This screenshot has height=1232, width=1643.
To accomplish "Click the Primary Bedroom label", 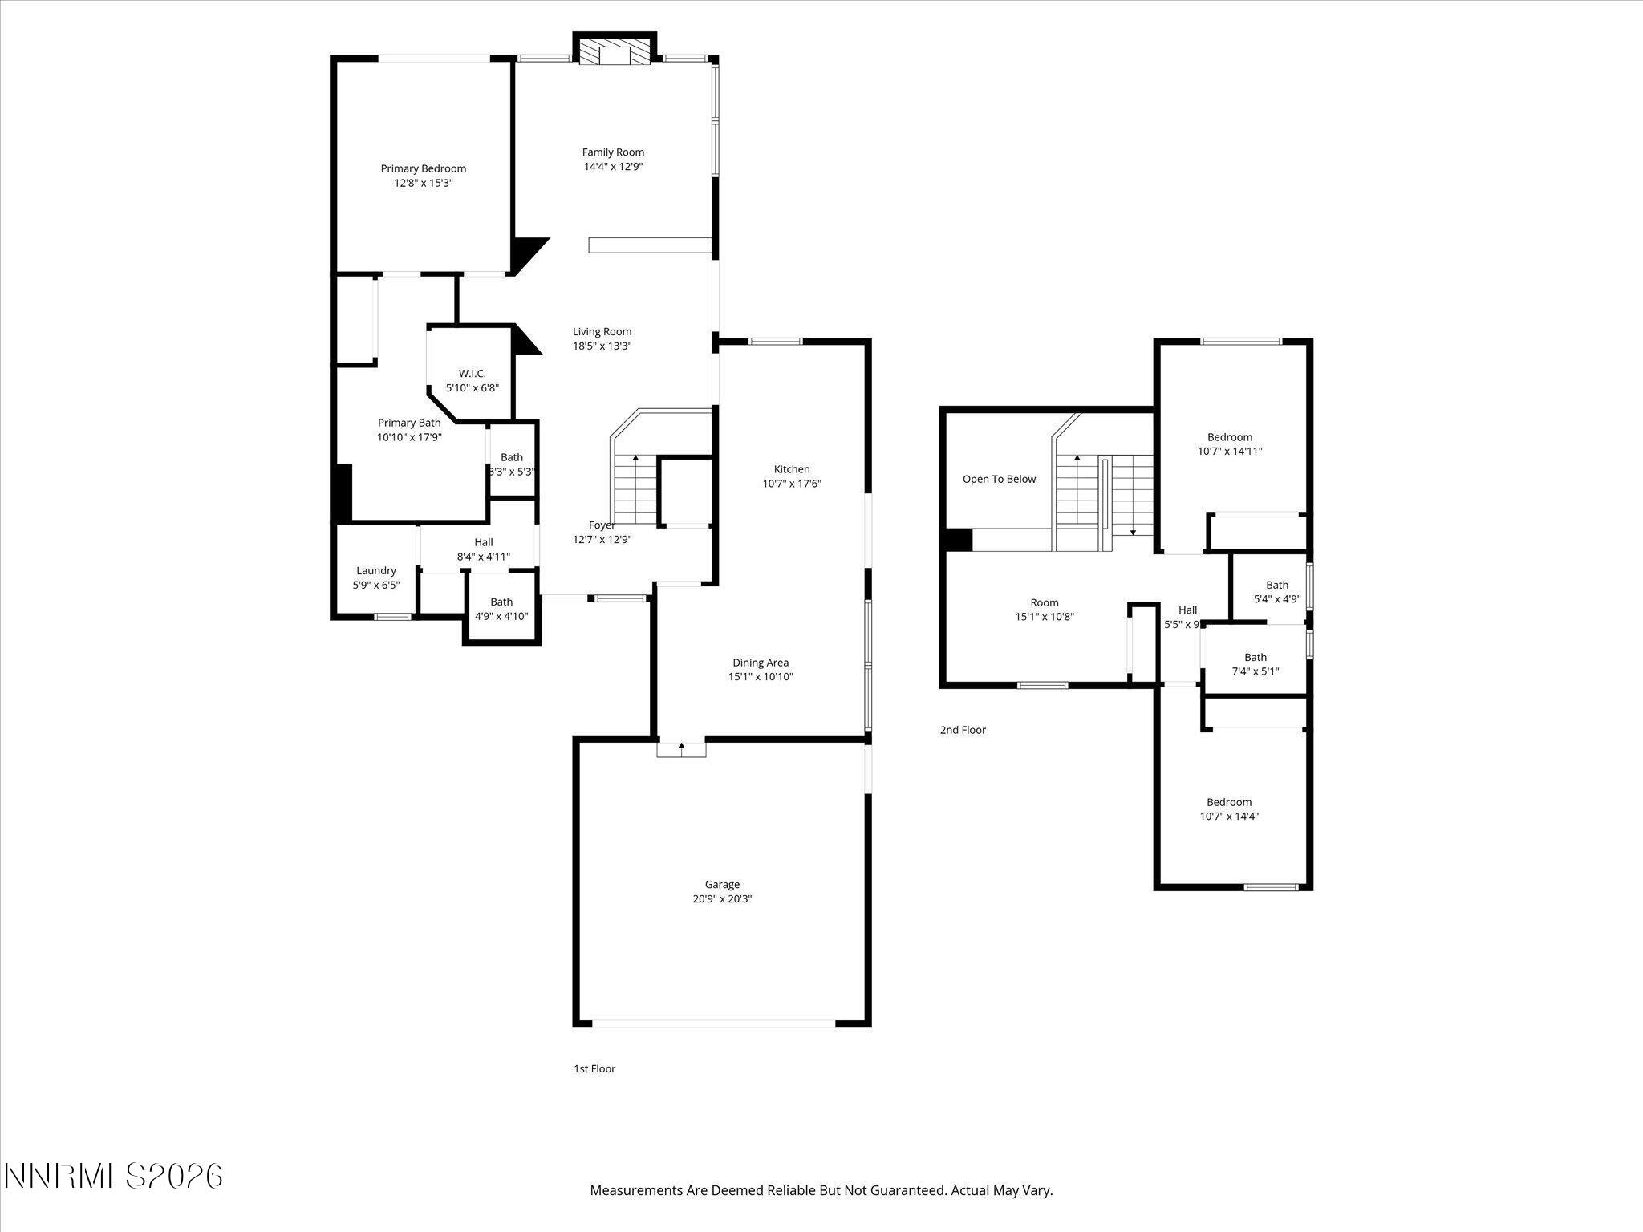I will tap(423, 168).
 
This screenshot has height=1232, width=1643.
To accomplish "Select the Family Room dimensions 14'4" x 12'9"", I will tap(613, 167).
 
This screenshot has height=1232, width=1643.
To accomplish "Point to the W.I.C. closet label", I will tap(472, 374).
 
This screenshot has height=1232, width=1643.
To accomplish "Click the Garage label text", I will tap(722, 884).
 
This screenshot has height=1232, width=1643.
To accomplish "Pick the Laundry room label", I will tap(376, 571).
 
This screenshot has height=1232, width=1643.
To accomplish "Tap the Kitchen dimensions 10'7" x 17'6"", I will tap(791, 484).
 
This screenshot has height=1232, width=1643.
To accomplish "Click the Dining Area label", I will tap(760, 663).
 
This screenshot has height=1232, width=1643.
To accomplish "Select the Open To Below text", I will tap(999, 479).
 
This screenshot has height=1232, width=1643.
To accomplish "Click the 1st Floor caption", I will tap(594, 1068).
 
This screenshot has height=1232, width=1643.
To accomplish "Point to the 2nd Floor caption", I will tap(963, 730).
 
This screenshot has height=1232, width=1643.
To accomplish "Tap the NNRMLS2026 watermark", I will tap(112, 1176).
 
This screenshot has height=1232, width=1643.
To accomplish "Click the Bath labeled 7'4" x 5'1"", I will tap(1255, 664).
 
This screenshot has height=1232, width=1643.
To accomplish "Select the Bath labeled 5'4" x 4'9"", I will tap(1276, 592).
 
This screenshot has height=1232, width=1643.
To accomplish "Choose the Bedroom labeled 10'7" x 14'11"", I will tap(1229, 444).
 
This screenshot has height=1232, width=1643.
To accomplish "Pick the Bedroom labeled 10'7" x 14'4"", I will tap(1228, 808).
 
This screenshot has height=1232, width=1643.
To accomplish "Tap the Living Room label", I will tap(602, 331).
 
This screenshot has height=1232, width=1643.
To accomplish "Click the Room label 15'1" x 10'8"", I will tap(1044, 610).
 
